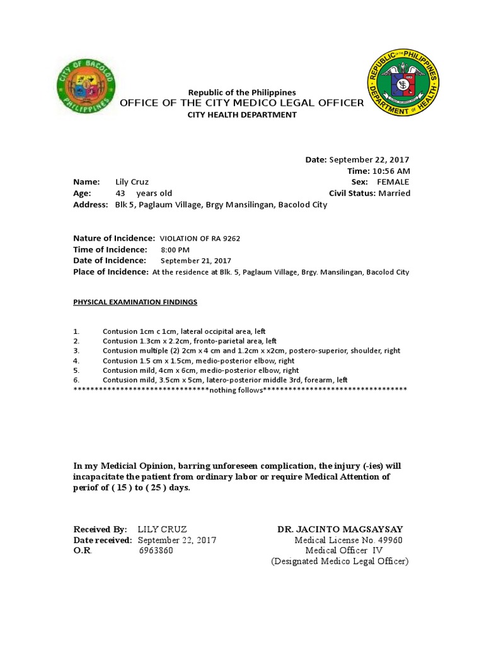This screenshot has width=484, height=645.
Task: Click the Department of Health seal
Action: pos(403,83)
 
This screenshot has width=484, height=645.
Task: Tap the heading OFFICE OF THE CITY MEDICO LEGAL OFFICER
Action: pos(241,103)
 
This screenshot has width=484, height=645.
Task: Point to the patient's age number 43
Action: pos(120,193)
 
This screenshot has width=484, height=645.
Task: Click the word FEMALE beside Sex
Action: pos(393,182)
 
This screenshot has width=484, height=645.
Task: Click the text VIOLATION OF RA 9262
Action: pos(200,239)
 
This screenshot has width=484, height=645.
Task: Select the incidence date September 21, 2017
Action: pos(196,261)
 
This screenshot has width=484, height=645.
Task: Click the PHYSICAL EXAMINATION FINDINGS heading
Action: pos(135,302)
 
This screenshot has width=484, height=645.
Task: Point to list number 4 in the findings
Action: pos(76,361)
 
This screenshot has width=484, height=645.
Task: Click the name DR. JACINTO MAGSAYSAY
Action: pos(340,529)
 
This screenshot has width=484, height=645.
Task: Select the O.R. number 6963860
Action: pos(156,551)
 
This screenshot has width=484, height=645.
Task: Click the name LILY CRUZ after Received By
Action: pos(162,529)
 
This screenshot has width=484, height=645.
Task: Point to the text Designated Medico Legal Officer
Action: pos(340,561)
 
